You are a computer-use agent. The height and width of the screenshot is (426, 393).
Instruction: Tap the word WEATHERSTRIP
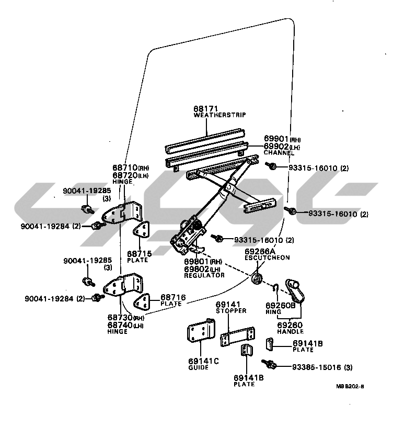pyautogui.click(x=219, y=115)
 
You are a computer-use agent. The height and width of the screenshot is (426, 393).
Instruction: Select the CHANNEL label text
pyautogui.click(x=279, y=153)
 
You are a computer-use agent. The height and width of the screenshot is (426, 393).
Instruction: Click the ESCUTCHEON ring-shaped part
pyautogui.click(x=257, y=278)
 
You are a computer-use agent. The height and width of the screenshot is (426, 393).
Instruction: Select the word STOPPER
pyautogui.click(x=231, y=311)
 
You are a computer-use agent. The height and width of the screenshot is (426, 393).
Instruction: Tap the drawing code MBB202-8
pyautogui.click(x=350, y=387)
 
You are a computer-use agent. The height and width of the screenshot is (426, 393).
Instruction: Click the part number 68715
pyautogui.click(x=139, y=254)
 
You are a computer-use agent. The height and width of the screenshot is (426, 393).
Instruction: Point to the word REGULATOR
pyautogui.click(x=204, y=275)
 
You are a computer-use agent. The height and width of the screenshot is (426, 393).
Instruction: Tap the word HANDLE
pyautogui.click(x=290, y=331)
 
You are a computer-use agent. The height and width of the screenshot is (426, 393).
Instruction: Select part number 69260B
pyautogui.click(x=281, y=305)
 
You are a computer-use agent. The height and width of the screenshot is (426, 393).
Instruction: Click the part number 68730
pyautogui.click(x=120, y=317)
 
